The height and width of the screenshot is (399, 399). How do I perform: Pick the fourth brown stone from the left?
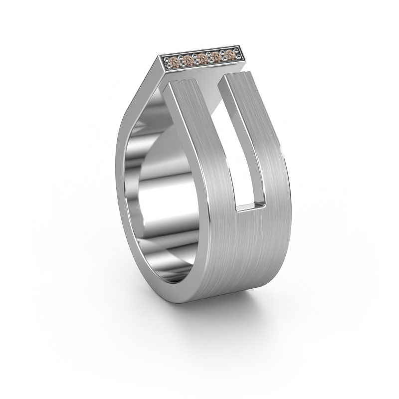pos(215,57)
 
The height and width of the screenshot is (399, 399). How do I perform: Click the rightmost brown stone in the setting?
pos(229,55)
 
